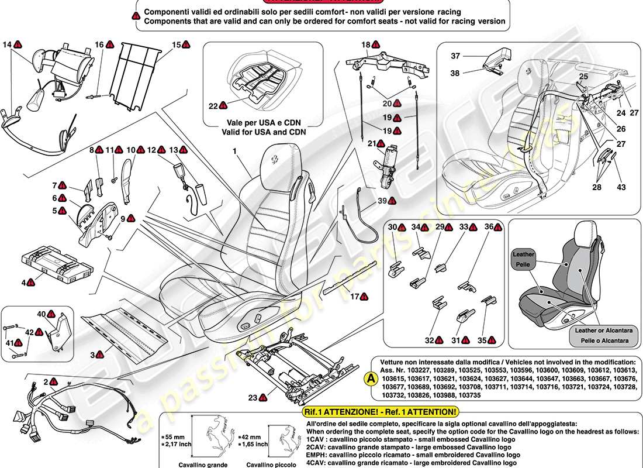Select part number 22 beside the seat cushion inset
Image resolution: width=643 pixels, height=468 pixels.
click(x=213, y=106)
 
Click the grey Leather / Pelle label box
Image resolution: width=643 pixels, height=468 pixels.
click(x=524, y=260)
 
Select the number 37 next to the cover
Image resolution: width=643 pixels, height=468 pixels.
click(x=455, y=56)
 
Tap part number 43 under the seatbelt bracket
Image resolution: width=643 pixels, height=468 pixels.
click(x=621, y=187)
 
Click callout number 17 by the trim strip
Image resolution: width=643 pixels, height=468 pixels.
click(x=354, y=297)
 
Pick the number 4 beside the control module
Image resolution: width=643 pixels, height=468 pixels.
click(x=24, y=283)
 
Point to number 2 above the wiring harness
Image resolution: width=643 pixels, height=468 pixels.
click(x=45, y=381)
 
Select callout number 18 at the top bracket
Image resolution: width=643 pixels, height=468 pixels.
click(x=365, y=44)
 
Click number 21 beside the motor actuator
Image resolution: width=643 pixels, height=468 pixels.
click(x=371, y=143)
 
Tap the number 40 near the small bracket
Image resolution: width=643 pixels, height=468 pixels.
click(x=41, y=314)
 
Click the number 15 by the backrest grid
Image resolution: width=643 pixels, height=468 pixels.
click(x=176, y=44)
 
